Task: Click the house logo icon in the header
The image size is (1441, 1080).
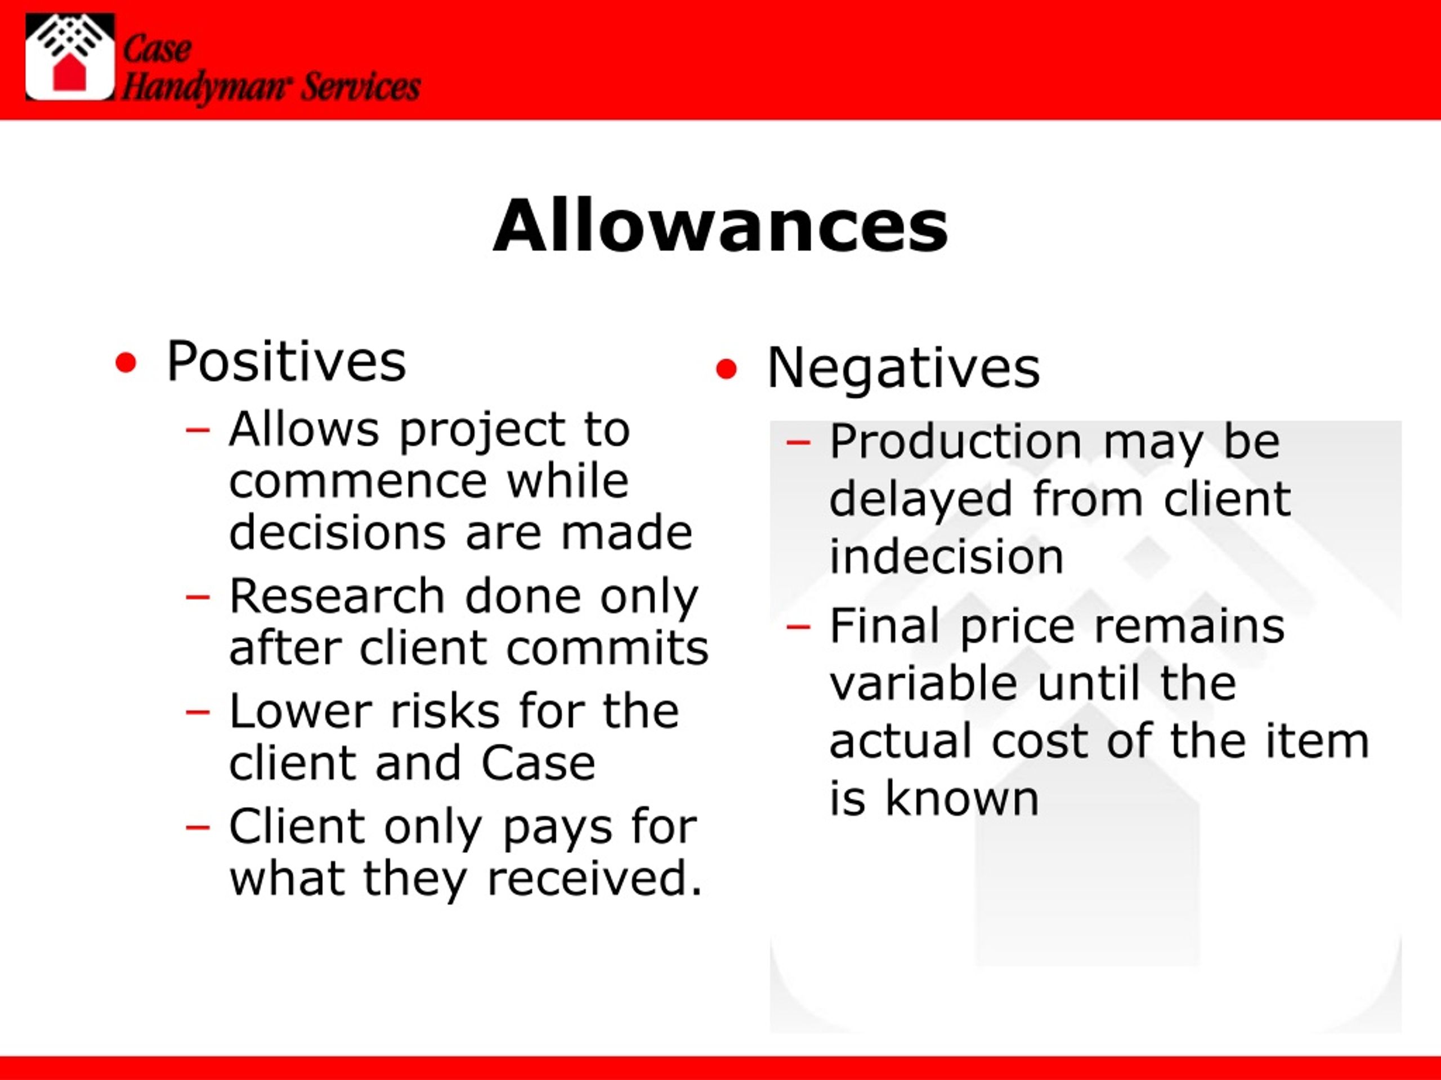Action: [70, 57]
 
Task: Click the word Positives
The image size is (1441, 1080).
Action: [286, 361]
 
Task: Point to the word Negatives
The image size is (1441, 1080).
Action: [903, 368]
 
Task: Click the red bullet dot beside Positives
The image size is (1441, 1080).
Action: [126, 363]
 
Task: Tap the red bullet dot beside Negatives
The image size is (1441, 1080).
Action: [726, 370]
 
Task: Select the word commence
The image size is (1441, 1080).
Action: [357, 481]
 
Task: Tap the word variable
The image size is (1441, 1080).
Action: [923, 683]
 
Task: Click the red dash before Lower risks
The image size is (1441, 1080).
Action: [198, 712]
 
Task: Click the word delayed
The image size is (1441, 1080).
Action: [920, 499]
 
